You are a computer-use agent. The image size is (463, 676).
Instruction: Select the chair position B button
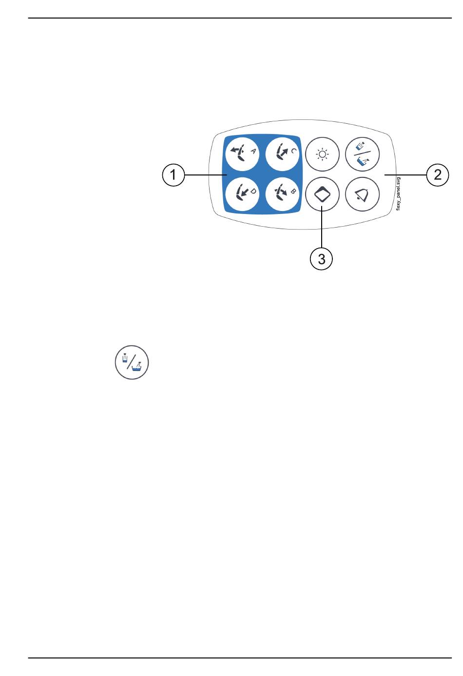tap(283, 194)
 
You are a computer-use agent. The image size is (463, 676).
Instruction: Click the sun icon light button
tap(322, 155)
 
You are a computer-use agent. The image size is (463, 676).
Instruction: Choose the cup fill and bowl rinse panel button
tap(362, 155)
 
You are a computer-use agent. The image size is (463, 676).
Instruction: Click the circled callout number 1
tap(174, 175)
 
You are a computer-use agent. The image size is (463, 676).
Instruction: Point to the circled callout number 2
tap(437, 175)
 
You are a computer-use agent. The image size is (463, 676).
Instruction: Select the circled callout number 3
tap(322, 259)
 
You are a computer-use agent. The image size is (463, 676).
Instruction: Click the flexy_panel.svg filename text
tap(398, 194)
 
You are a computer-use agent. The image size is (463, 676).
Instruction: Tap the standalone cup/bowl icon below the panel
tap(132, 363)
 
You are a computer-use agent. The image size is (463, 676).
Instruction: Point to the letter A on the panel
tap(253, 152)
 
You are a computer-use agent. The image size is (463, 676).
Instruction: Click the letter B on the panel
tap(293, 192)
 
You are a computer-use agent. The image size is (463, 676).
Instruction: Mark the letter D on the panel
tap(253, 191)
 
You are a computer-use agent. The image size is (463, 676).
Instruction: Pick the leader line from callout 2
tap(405, 175)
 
